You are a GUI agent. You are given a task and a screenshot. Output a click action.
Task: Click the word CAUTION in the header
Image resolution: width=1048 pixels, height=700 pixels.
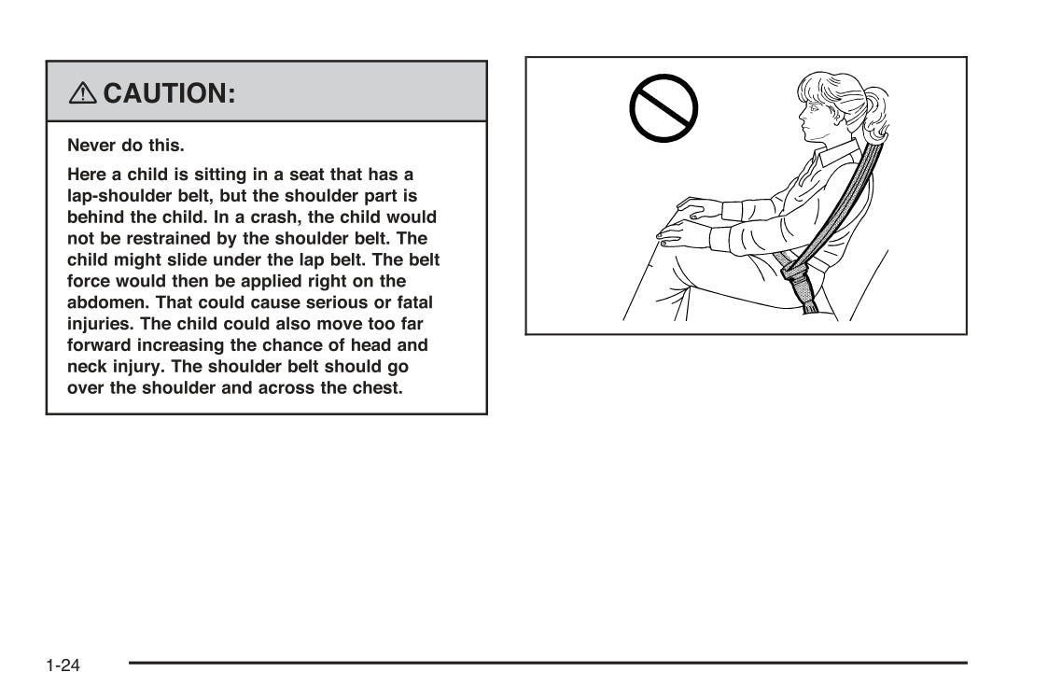click(x=169, y=93)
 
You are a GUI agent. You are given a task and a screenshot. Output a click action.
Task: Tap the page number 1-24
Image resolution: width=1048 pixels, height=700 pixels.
click(x=63, y=665)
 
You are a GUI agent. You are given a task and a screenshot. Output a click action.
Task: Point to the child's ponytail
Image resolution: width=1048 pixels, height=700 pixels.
click(x=875, y=112)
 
